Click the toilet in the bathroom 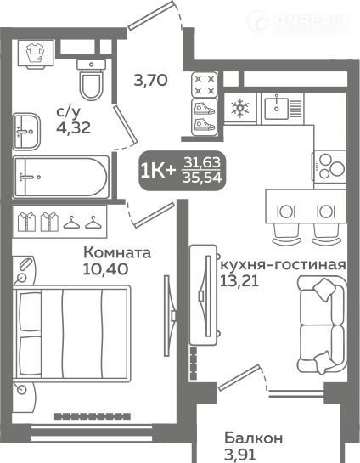pyautogui.click(x=91, y=80)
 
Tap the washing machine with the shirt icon pyautogui.click(x=36, y=54)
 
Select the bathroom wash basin pyautogui.click(x=26, y=131)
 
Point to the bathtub pyautogui.click(x=61, y=178)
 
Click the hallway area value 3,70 pyautogui.click(x=151, y=80)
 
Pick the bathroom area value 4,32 pyautogui.click(x=74, y=128)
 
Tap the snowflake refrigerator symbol pyautogui.click(x=240, y=108)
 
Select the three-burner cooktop pyautogui.click(x=329, y=167)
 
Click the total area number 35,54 pyautogui.click(x=202, y=178)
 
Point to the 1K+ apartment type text pyautogui.click(x=159, y=171)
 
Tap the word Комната pyautogui.click(x=117, y=253)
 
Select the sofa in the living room pyautogui.click(x=323, y=325)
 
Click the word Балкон pyautogui.click(x=254, y=438)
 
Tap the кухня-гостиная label pyautogui.click(x=283, y=265)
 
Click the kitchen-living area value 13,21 pyautogui.click(x=239, y=280)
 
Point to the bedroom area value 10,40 pyautogui.click(x=105, y=268)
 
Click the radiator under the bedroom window pyautogui.click(x=93, y=416)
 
